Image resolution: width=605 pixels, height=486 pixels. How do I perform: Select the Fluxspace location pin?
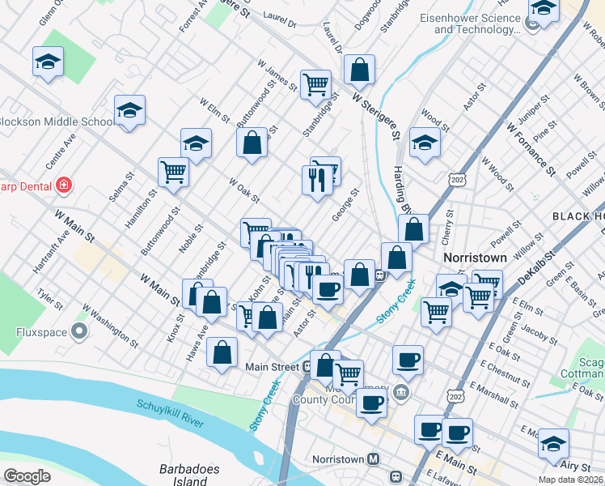(79, 330)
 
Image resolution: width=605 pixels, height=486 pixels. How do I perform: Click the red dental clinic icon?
(64, 185)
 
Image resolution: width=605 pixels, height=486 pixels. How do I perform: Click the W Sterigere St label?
(376, 115)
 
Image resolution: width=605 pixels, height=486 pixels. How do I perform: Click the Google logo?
(27, 476)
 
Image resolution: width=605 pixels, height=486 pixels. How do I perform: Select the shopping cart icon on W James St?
(315, 84)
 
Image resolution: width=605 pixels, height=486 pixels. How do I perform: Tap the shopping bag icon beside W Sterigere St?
(359, 70)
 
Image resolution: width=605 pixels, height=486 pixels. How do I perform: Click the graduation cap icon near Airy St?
(553, 444)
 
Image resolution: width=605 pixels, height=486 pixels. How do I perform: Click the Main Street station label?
(273, 367)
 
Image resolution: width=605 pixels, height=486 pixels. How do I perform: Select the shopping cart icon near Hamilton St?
(173, 172)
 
